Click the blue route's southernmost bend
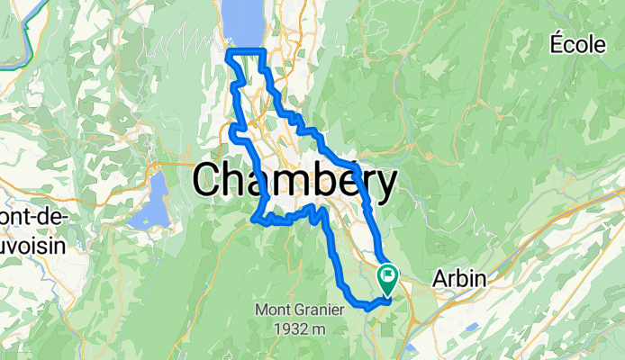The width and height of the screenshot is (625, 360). click(367, 308)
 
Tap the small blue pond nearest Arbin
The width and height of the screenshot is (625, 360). click(411, 347)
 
